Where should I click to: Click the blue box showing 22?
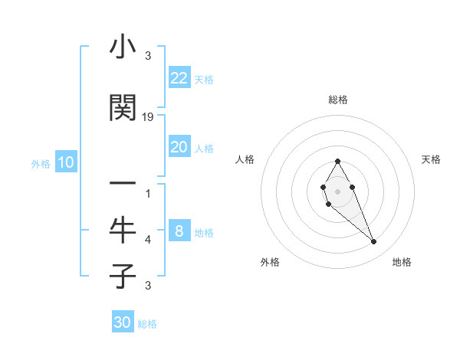(179, 78)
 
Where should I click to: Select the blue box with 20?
(179, 147)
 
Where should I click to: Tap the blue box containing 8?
(179, 231)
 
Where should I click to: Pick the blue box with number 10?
(66, 162)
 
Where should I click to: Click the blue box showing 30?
(123, 322)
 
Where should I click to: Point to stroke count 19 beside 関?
(148, 117)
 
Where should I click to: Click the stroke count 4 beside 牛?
(148, 240)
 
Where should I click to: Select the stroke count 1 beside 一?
(148, 194)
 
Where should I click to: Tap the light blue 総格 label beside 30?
(147, 324)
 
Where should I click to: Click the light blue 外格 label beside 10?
(41, 164)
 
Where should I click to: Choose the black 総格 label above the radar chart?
(337, 100)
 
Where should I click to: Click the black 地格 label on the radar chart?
(402, 262)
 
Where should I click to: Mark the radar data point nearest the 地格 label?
(373, 242)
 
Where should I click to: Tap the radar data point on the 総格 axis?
(337, 161)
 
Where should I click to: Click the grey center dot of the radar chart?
(337, 191)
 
